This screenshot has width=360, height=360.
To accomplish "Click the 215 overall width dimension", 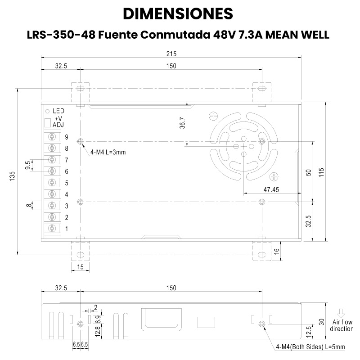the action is click(171, 54).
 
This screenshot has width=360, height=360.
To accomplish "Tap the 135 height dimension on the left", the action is click(13, 176).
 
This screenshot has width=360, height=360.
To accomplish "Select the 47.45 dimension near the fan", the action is click(271, 189).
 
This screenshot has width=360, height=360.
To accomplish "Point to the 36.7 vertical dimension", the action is click(182, 122).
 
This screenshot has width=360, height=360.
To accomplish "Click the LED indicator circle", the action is click(48, 112).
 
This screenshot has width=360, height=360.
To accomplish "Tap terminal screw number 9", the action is click(52, 137).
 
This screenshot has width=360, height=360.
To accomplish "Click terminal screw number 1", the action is click(52, 229).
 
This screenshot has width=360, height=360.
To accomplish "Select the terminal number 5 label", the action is click(67, 183).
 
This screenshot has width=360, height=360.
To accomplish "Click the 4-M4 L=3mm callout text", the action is click(108, 152).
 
